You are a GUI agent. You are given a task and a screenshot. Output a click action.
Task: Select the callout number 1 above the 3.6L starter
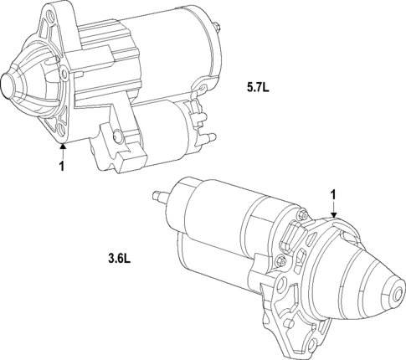pos(333,194)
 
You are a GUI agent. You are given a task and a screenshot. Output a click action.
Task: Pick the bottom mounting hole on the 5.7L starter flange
pos(59,128)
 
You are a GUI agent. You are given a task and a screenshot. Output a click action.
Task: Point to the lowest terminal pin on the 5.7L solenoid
pos(210,137)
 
